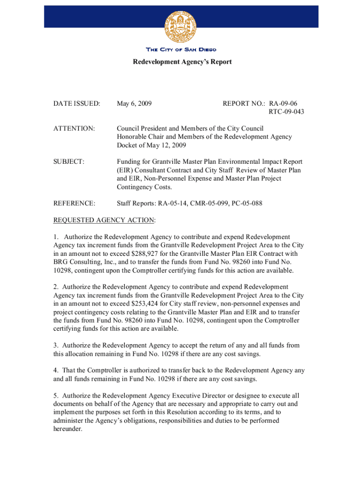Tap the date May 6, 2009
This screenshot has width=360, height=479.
coord(134,102)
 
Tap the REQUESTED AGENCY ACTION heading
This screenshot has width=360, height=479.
coord(104,220)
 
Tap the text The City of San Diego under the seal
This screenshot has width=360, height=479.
coord(181,50)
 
